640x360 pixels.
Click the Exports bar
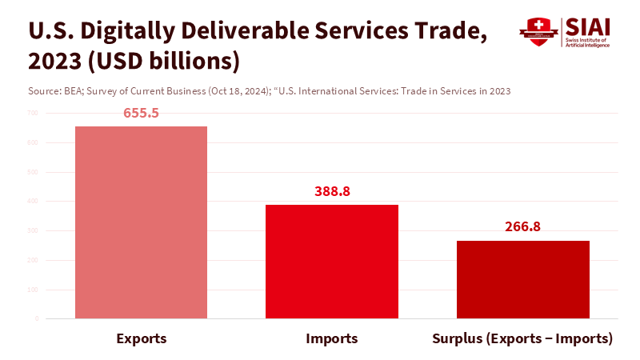(141, 222)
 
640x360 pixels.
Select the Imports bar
(332, 262)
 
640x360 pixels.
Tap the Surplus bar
(522, 279)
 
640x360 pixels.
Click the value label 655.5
(141, 113)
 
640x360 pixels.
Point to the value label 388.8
(332, 192)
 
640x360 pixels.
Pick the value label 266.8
(522, 227)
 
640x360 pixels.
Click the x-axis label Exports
(141, 338)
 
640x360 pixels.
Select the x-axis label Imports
(332, 338)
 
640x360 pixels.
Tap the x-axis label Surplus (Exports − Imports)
(522, 338)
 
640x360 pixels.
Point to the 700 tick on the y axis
(32, 113)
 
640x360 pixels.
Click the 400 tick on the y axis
(32, 202)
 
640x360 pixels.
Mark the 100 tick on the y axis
(32, 290)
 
